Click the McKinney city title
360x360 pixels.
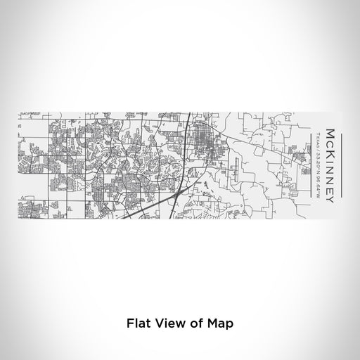[x=328, y=156]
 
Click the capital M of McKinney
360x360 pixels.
[x=328, y=121]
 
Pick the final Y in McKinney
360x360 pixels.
[x=328, y=191]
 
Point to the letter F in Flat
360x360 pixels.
[x=130, y=324]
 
